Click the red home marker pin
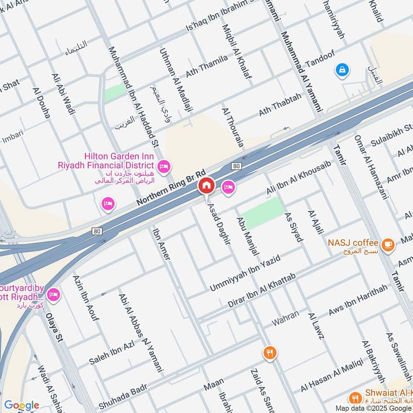[x=206, y=186]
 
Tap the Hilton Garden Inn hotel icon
[x=165, y=166]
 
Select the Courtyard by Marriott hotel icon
[x=53, y=295]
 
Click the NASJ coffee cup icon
[x=388, y=243]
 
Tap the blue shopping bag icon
[x=342, y=70]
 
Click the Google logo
[x=21, y=405]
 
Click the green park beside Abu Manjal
[x=263, y=212]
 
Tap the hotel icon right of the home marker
[x=228, y=187]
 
